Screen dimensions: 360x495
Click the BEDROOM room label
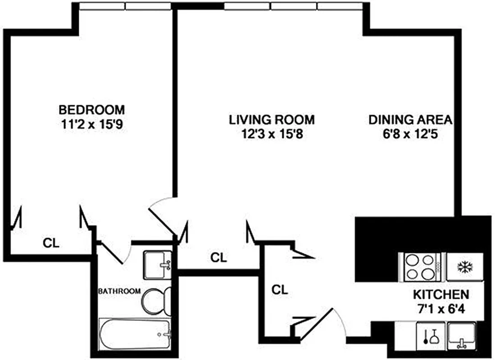pyautogui.click(x=92, y=109)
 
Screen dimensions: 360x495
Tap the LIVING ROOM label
pyautogui.click(x=272, y=120)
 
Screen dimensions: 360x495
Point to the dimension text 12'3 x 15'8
pyautogui.click(x=272, y=134)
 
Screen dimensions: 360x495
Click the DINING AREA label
pyautogui.click(x=410, y=120)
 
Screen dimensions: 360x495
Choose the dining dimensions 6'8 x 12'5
pyautogui.click(x=410, y=134)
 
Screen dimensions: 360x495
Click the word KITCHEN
pyautogui.click(x=441, y=295)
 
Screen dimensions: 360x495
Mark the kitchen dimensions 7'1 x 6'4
pyautogui.click(x=441, y=310)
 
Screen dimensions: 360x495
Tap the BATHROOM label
pyautogui.click(x=119, y=291)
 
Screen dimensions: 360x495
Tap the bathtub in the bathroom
pyautogui.click(x=135, y=333)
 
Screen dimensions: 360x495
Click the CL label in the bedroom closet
pyautogui.click(x=51, y=243)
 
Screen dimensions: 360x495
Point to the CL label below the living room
pyautogui.click(x=219, y=257)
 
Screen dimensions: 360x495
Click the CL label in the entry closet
pyautogui.click(x=280, y=290)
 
